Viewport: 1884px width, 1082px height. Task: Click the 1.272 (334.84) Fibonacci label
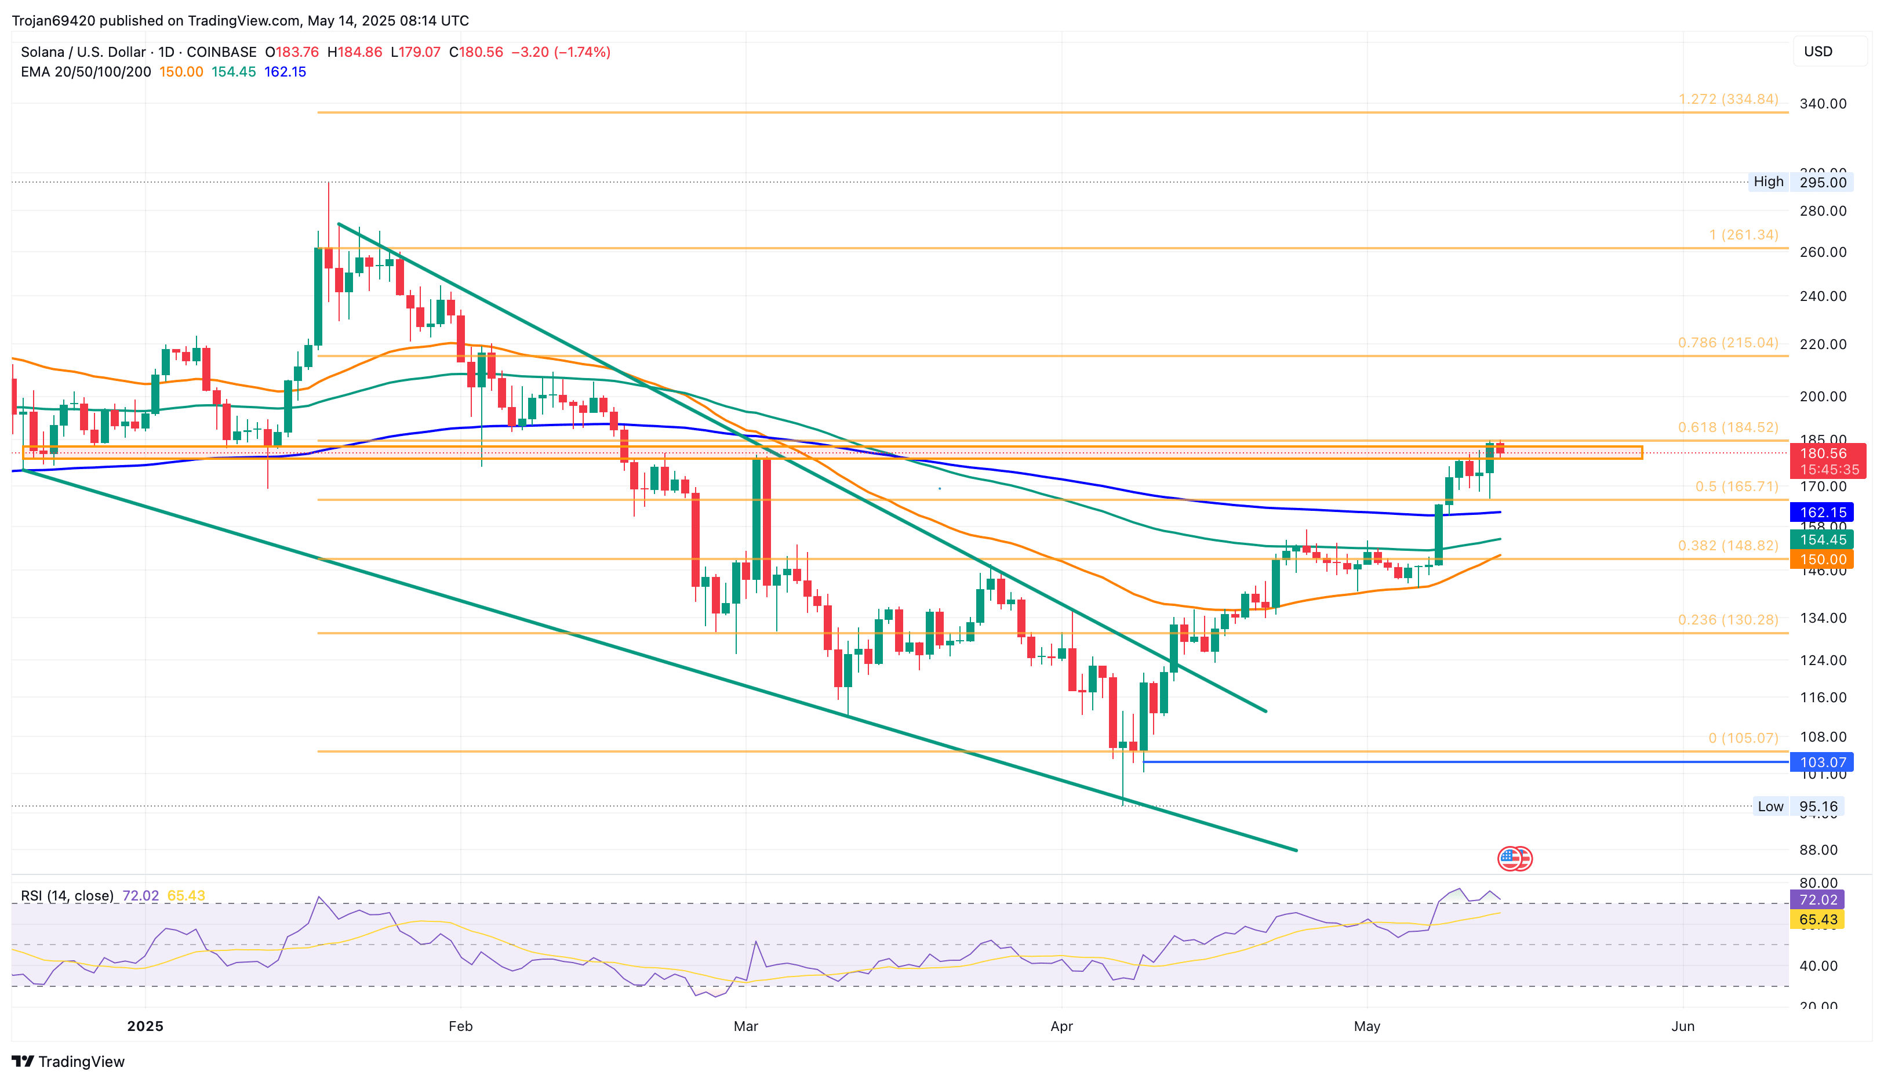1728,99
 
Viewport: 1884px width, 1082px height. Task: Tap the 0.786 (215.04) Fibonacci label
1728,343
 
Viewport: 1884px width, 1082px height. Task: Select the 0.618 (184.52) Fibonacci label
1728,427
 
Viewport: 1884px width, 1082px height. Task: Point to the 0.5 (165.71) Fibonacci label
1736,486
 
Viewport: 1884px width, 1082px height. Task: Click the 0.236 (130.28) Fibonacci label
1728,620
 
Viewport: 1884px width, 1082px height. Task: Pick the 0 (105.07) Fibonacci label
1743,738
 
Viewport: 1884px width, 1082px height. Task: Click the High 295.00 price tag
1800,182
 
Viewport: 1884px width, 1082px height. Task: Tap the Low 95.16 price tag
1798,807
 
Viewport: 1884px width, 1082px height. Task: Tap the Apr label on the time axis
1061,1026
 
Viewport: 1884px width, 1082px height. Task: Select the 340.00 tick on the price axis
1823,103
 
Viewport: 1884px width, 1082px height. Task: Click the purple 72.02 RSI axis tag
1817,899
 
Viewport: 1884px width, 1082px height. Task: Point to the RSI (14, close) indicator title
67,895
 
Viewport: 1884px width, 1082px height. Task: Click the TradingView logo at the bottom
68,1061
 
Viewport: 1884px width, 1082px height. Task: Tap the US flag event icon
1514,858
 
